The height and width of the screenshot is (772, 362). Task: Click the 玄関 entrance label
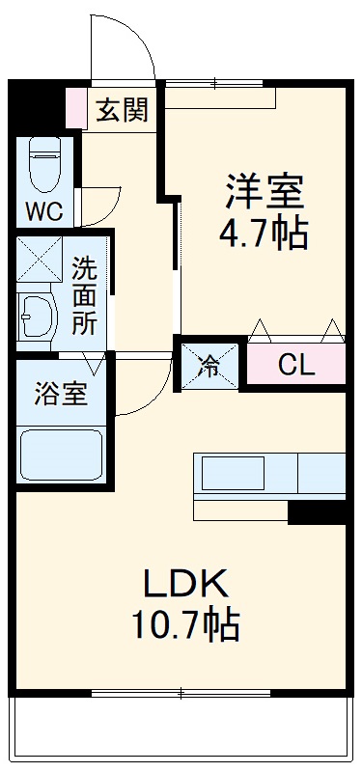pyautogui.click(x=122, y=110)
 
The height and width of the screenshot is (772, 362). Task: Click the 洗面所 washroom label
pyautogui.click(x=84, y=294)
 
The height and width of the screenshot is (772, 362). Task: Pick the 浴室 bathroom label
pyautogui.click(x=60, y=395)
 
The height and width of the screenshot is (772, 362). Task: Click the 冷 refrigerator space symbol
pyautogui.click(x=209, y=365)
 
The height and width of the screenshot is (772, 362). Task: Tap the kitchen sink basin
pyautogui.click(x=232, y=473)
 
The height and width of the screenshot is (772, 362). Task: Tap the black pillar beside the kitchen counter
pyautogui.click(x=317, y=511)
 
